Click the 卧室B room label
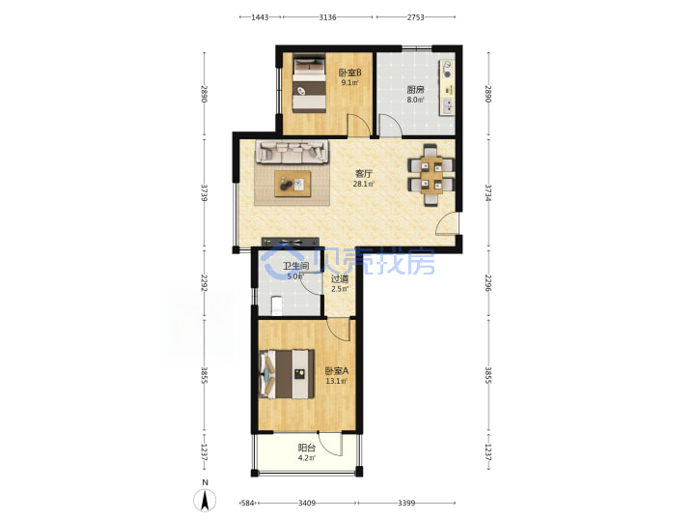[350, 72]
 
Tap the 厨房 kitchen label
[415, 89]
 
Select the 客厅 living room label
[364, 174]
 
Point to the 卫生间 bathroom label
[295, 266]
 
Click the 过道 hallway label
[340, 278]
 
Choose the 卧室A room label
[337, 370]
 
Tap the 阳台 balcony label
[307, 448]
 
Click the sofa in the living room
[292, 152]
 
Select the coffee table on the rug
[292, 184]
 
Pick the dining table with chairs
[431, 175]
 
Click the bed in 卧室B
[309, 83]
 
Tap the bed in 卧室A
[287, 374]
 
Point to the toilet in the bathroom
[276, 304]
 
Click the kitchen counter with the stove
[447, 87]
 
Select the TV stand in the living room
[291, 243]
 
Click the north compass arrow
[205, 501]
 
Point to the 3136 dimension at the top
[327, 17]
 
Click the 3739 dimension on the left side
[205, 193]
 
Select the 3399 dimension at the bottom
[406, 503]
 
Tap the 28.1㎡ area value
[364, 184]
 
